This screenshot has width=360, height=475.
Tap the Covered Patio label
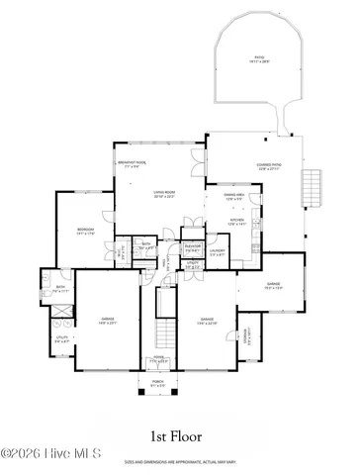click(x=243, y=168)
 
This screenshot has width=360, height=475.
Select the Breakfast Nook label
click(x=133, y=163)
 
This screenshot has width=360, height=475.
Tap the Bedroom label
click(x=86, y=232)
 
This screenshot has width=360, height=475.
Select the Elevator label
click(x=193, y=247)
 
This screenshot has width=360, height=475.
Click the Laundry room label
click(x=219, y=251)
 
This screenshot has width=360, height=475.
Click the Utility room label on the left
click(x=60, y=339)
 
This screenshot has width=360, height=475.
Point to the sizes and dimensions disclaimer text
click(x=179, y=462)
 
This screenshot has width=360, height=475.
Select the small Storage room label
click(x=248, y=333)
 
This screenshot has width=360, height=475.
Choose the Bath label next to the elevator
click(x=145, y=244)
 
